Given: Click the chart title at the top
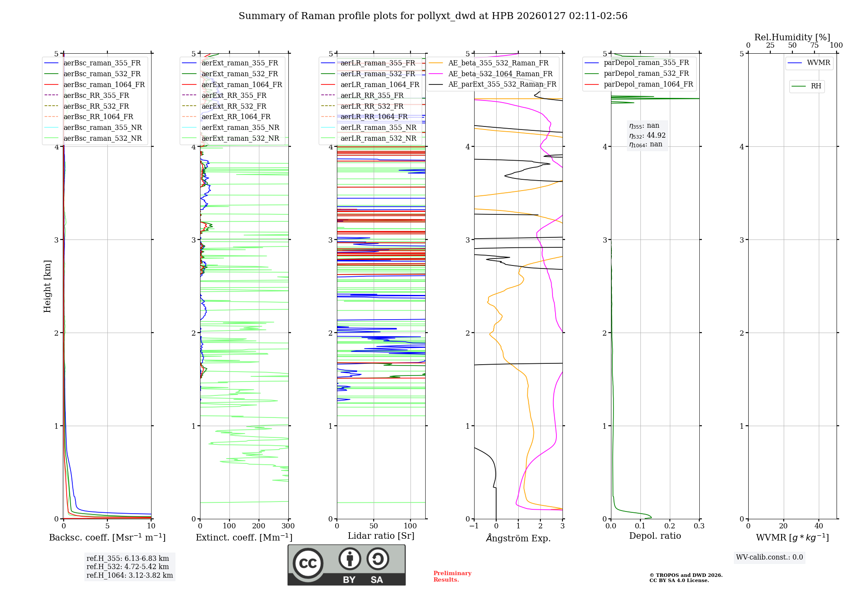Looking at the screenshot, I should pos(433,16).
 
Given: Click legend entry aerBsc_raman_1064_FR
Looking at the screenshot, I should pos(104,84).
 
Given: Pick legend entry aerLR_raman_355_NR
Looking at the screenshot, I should pos(378,127).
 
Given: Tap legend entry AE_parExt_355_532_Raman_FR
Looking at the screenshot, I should pos(502,84).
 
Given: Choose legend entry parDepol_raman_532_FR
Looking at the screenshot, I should pos(646,74).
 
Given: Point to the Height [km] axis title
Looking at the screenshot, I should pos(47,286).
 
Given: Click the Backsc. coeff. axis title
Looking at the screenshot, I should pos(107,537).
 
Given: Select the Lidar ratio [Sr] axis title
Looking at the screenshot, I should pos(381,536).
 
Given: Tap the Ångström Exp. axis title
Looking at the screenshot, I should pos(518,538).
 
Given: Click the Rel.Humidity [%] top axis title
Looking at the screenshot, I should pos(792,37).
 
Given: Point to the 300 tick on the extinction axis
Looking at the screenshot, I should pos(288,526).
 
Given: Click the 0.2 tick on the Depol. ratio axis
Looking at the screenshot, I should pos(669,526).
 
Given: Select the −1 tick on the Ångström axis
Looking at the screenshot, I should pos(474,526).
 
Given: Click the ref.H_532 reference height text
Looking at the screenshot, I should pos(128,566).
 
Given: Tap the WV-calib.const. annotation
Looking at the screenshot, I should pos(769,557).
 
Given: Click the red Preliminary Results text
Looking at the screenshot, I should pos(452,576).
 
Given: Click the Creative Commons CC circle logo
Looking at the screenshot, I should pos(308,563).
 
